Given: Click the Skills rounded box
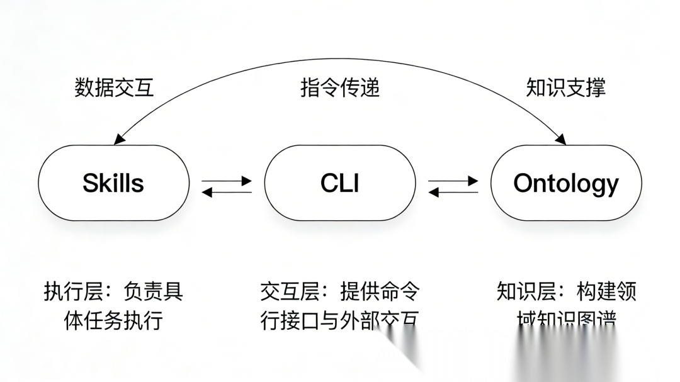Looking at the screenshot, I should point(113,183).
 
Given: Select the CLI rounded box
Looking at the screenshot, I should point(339,183).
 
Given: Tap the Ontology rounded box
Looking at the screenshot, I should point(565,183).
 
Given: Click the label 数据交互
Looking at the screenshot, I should point(114,87).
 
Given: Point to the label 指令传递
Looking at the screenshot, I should point(340,87).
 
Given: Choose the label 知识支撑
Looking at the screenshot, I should point(565,87).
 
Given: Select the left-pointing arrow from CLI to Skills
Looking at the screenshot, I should point(227,192).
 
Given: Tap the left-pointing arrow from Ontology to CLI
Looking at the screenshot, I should point(453,192).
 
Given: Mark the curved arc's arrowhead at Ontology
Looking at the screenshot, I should point(560,139).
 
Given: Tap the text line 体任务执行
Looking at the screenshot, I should point(113,320).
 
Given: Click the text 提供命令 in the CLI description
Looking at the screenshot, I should point(380,292).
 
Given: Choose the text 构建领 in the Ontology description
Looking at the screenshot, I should point(606,292).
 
